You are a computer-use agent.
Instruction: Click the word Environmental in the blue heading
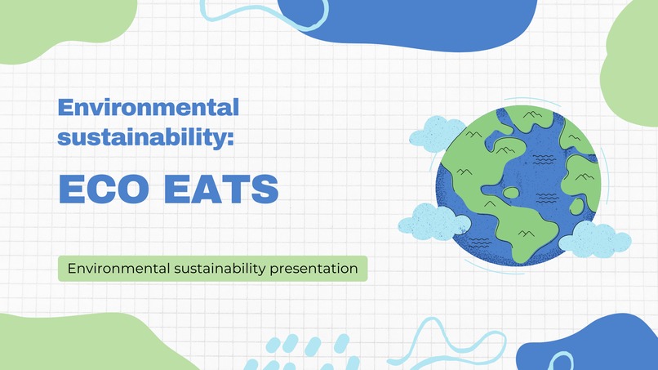click(x=149, y=107)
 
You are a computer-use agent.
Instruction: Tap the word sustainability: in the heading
click(x=146, y=136)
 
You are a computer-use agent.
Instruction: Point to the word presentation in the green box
click(x=314, y=268)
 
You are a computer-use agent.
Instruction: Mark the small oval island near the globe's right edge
click(x=577, y=207)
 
